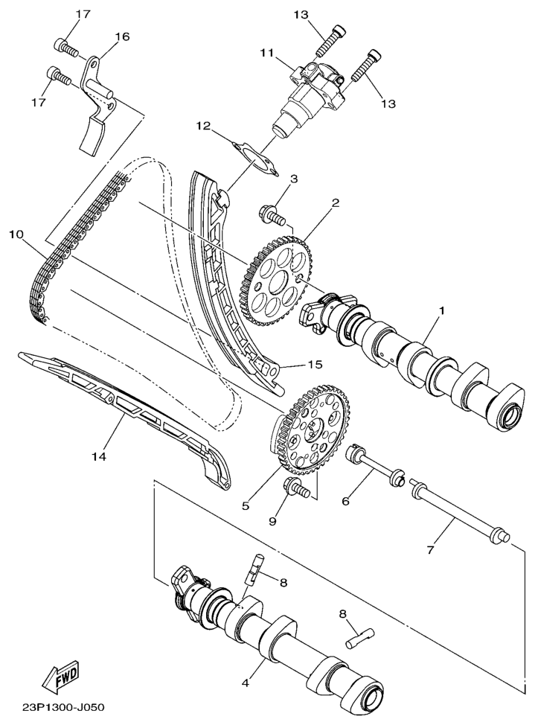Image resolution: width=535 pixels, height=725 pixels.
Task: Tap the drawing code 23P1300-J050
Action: (63, 707)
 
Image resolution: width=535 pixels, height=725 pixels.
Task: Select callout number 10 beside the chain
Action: (16, 234)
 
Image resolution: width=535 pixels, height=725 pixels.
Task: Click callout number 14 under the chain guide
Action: (99, 456)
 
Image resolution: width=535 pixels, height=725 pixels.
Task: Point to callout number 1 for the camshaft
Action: (441, 311)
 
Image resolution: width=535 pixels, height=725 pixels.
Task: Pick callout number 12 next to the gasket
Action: (203, 126)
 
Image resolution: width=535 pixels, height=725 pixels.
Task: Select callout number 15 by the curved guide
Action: (315, 365)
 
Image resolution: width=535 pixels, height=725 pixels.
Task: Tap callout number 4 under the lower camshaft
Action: (246, 683)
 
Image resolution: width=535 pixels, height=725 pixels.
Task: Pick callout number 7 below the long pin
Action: (430, 551)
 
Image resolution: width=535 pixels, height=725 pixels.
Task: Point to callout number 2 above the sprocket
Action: (336, 202)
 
